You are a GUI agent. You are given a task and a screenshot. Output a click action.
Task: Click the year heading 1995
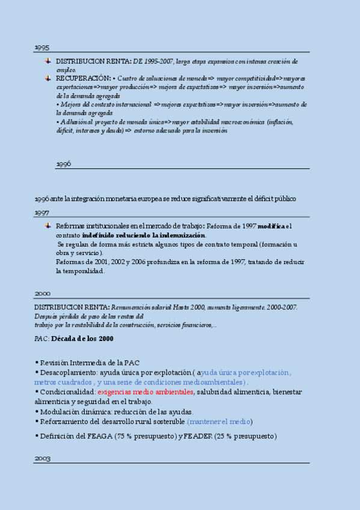point(41,47)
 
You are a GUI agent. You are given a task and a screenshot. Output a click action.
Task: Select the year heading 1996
point(64,164)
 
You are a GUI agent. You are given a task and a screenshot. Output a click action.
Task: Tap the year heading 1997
point(41,213)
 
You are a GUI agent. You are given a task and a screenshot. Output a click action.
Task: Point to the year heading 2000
point(42,293)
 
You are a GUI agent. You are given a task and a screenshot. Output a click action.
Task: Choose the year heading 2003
point(42,458)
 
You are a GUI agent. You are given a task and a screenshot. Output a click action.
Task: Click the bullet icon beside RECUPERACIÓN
point(47,78)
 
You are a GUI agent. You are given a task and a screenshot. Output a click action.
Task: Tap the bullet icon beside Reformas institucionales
point(47,226)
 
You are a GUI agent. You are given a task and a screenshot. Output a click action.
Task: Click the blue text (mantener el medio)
point(219,422)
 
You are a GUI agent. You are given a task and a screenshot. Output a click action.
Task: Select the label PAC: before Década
point(41,339)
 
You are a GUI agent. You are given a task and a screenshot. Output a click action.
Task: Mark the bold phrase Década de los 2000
point(82,339)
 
